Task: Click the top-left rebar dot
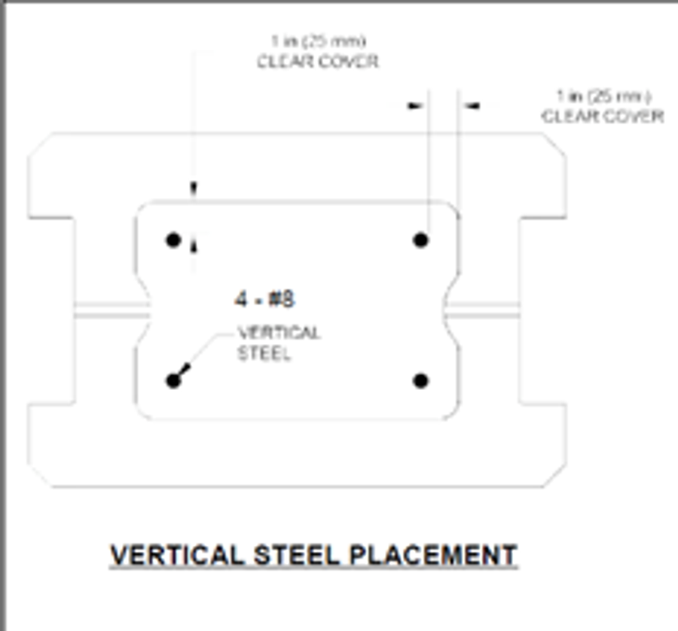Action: pyautogui.click(x=173, y=240)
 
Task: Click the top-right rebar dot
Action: pyautogui.click(x=421, y=240)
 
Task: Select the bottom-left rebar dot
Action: pyautogui.click(x=173, y=380)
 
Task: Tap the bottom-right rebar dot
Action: pyautogui.click(x=421, y=380)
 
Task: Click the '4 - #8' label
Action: pyautogui.click(x=264, y=299)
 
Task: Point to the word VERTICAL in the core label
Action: pyautogui.click(x=279, y=333)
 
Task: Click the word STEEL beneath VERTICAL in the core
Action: pyautogui.click(x=264, y=354)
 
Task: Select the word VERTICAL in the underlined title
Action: pyautogui.click(x=178, y=556)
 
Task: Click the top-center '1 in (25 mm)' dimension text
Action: pyautogui.click(x=319, y=41)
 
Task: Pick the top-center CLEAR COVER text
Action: pyautogui.click(x=318, y=62)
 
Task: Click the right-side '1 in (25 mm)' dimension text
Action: pyautogui.click(x=603, y=96)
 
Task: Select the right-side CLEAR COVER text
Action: pyautogui.click(x=603, y=117)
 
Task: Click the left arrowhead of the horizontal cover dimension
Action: pyautogui.click(x=415, y=106)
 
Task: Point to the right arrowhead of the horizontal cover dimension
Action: pyautogui.click(x=472, y=106)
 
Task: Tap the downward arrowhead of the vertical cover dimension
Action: pyautogui.click(x=194, y=188)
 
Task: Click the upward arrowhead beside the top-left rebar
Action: pyautogui.click(x=194, y=242)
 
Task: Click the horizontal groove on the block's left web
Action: pyautogui.click(x=111, y=309)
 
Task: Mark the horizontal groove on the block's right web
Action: pyautogui.click(x=482, y=309)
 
